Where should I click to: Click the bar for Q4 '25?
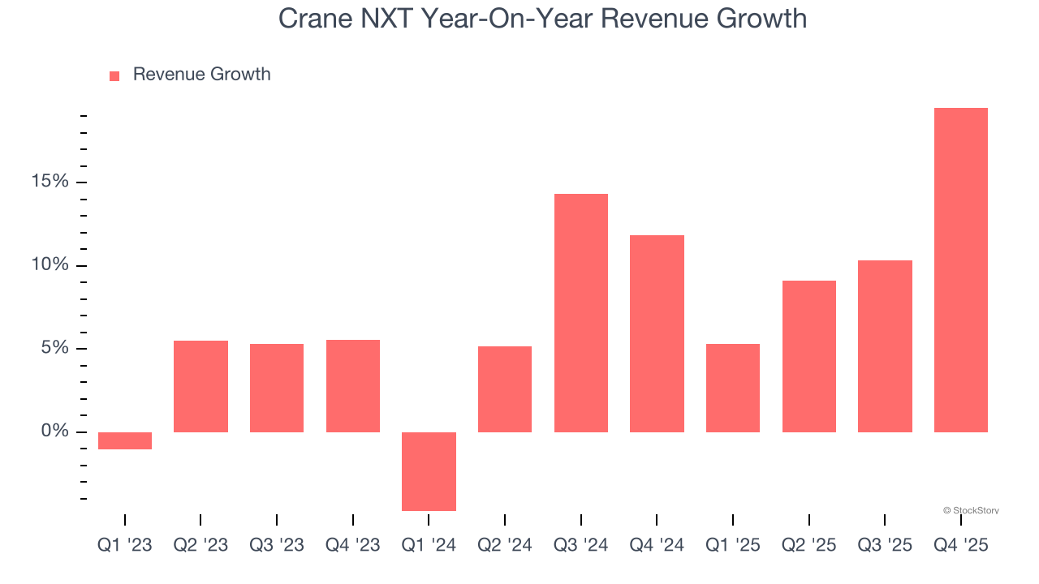coord(960,270)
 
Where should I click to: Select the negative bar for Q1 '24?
coord(429,471)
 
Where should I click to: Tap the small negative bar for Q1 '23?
coord(125,440)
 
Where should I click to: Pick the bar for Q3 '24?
coord(580,313)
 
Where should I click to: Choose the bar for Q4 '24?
coord(657,333)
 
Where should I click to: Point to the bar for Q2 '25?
coord(808,356)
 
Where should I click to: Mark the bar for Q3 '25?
coord(885,346)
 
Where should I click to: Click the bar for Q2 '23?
coord(200,386)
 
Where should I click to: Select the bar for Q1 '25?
coord(732,388)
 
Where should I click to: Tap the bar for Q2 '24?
coord(504,389)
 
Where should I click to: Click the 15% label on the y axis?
coord(50,182)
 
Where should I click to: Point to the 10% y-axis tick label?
coord(50,265)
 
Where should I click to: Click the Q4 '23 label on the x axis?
coord(352,545)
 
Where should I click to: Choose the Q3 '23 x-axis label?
coord(277,545)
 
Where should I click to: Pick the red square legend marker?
coord(114,76)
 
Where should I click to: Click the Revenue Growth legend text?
coord(201,75)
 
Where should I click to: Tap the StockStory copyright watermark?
coord(971,511)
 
